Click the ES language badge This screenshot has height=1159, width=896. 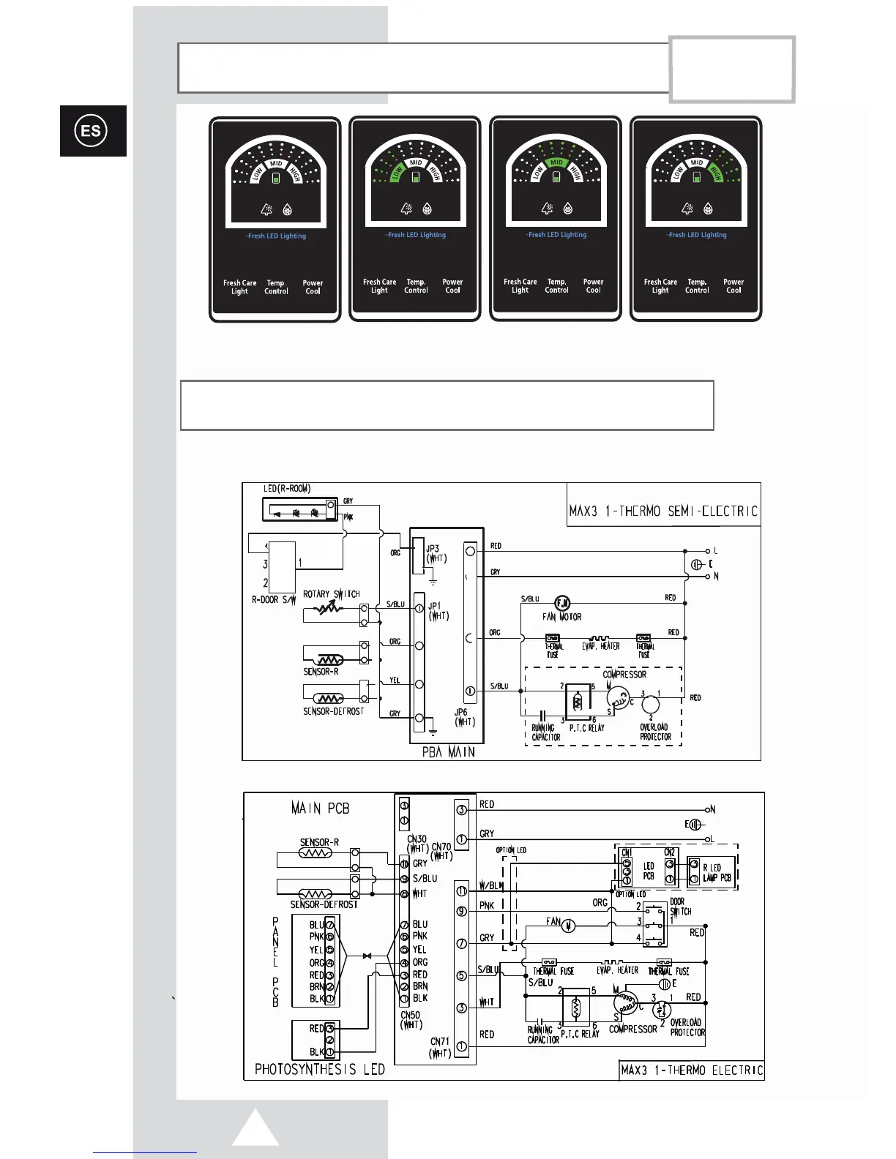click(x=92, y=131)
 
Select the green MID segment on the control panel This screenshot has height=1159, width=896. click(x=556, y=162)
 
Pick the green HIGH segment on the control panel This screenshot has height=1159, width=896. click(x=715, y=173)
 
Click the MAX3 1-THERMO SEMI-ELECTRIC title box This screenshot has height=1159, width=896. click(x=663, y=511)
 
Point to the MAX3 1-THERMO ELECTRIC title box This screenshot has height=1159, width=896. click(x=691, y=1070)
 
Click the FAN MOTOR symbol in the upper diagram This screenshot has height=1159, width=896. click(x=562, y=604)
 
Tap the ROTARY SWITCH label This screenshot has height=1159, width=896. click(x=332, y=594)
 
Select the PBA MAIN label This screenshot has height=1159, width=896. click(x=448, y=751)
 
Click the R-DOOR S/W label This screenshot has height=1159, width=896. click(x=273, y=599)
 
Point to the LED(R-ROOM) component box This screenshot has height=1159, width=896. click(x=299, y=510)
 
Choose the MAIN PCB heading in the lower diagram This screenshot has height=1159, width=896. click(x=320, y=809)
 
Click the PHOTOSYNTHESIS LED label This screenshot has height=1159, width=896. click(x=319, y=1069)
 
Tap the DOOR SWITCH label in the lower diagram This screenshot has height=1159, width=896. click(x=680, y=907)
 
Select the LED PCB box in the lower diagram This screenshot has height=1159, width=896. click(x=649, y=871)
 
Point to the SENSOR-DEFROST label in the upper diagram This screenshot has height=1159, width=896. click(x=333, y=711)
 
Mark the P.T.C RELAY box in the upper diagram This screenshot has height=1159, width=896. click(x=578, y=702)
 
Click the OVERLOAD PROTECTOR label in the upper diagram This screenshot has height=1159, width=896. click(x=655, y=732)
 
